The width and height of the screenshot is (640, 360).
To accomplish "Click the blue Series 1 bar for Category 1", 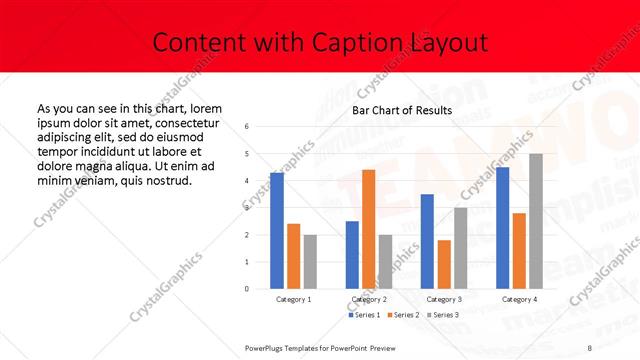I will (277, 231).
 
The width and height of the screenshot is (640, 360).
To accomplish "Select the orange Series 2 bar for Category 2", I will (368, 229).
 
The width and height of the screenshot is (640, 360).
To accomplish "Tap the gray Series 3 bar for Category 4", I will (536, 221).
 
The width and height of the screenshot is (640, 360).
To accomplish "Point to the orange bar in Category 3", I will (444, 264).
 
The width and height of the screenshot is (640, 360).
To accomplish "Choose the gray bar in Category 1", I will (310, 262).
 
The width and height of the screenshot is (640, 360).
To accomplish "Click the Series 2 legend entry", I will (403, 315).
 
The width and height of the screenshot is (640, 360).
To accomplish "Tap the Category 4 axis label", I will (519, 299).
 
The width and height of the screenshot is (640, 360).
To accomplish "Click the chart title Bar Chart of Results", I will (402, 110).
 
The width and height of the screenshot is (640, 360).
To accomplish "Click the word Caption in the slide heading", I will (358, 42).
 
